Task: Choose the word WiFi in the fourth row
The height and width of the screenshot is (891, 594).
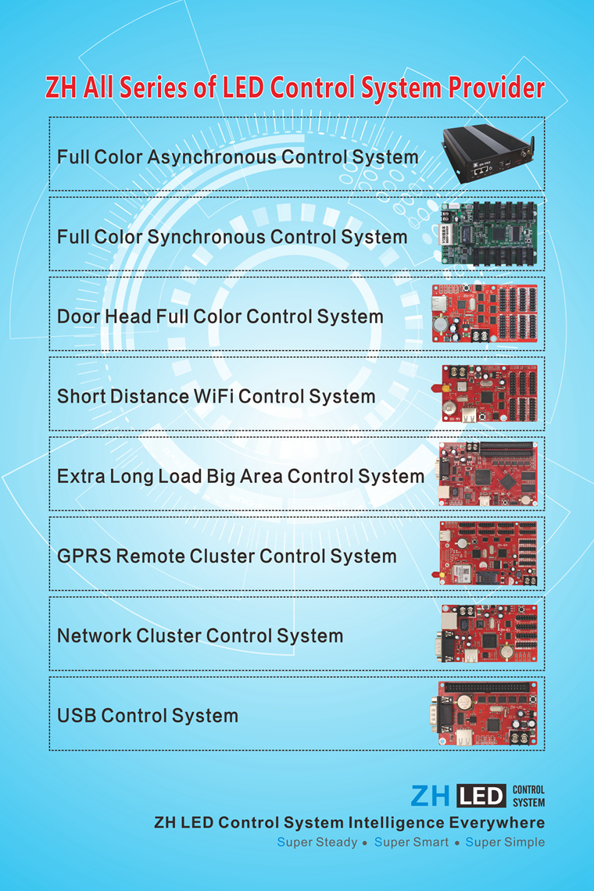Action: coord(213,396)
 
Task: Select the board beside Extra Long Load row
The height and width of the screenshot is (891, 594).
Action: coord(488,474)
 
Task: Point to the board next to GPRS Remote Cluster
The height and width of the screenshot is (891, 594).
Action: coord(488,553)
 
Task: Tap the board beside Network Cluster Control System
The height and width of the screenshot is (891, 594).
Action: coord(488,633)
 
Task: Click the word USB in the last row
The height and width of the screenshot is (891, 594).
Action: coord(77,716)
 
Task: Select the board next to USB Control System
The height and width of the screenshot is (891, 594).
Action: coord(488,713)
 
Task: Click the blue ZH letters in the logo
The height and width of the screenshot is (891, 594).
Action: coord(430,796)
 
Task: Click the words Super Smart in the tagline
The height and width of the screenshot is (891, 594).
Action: coord(412,843)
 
